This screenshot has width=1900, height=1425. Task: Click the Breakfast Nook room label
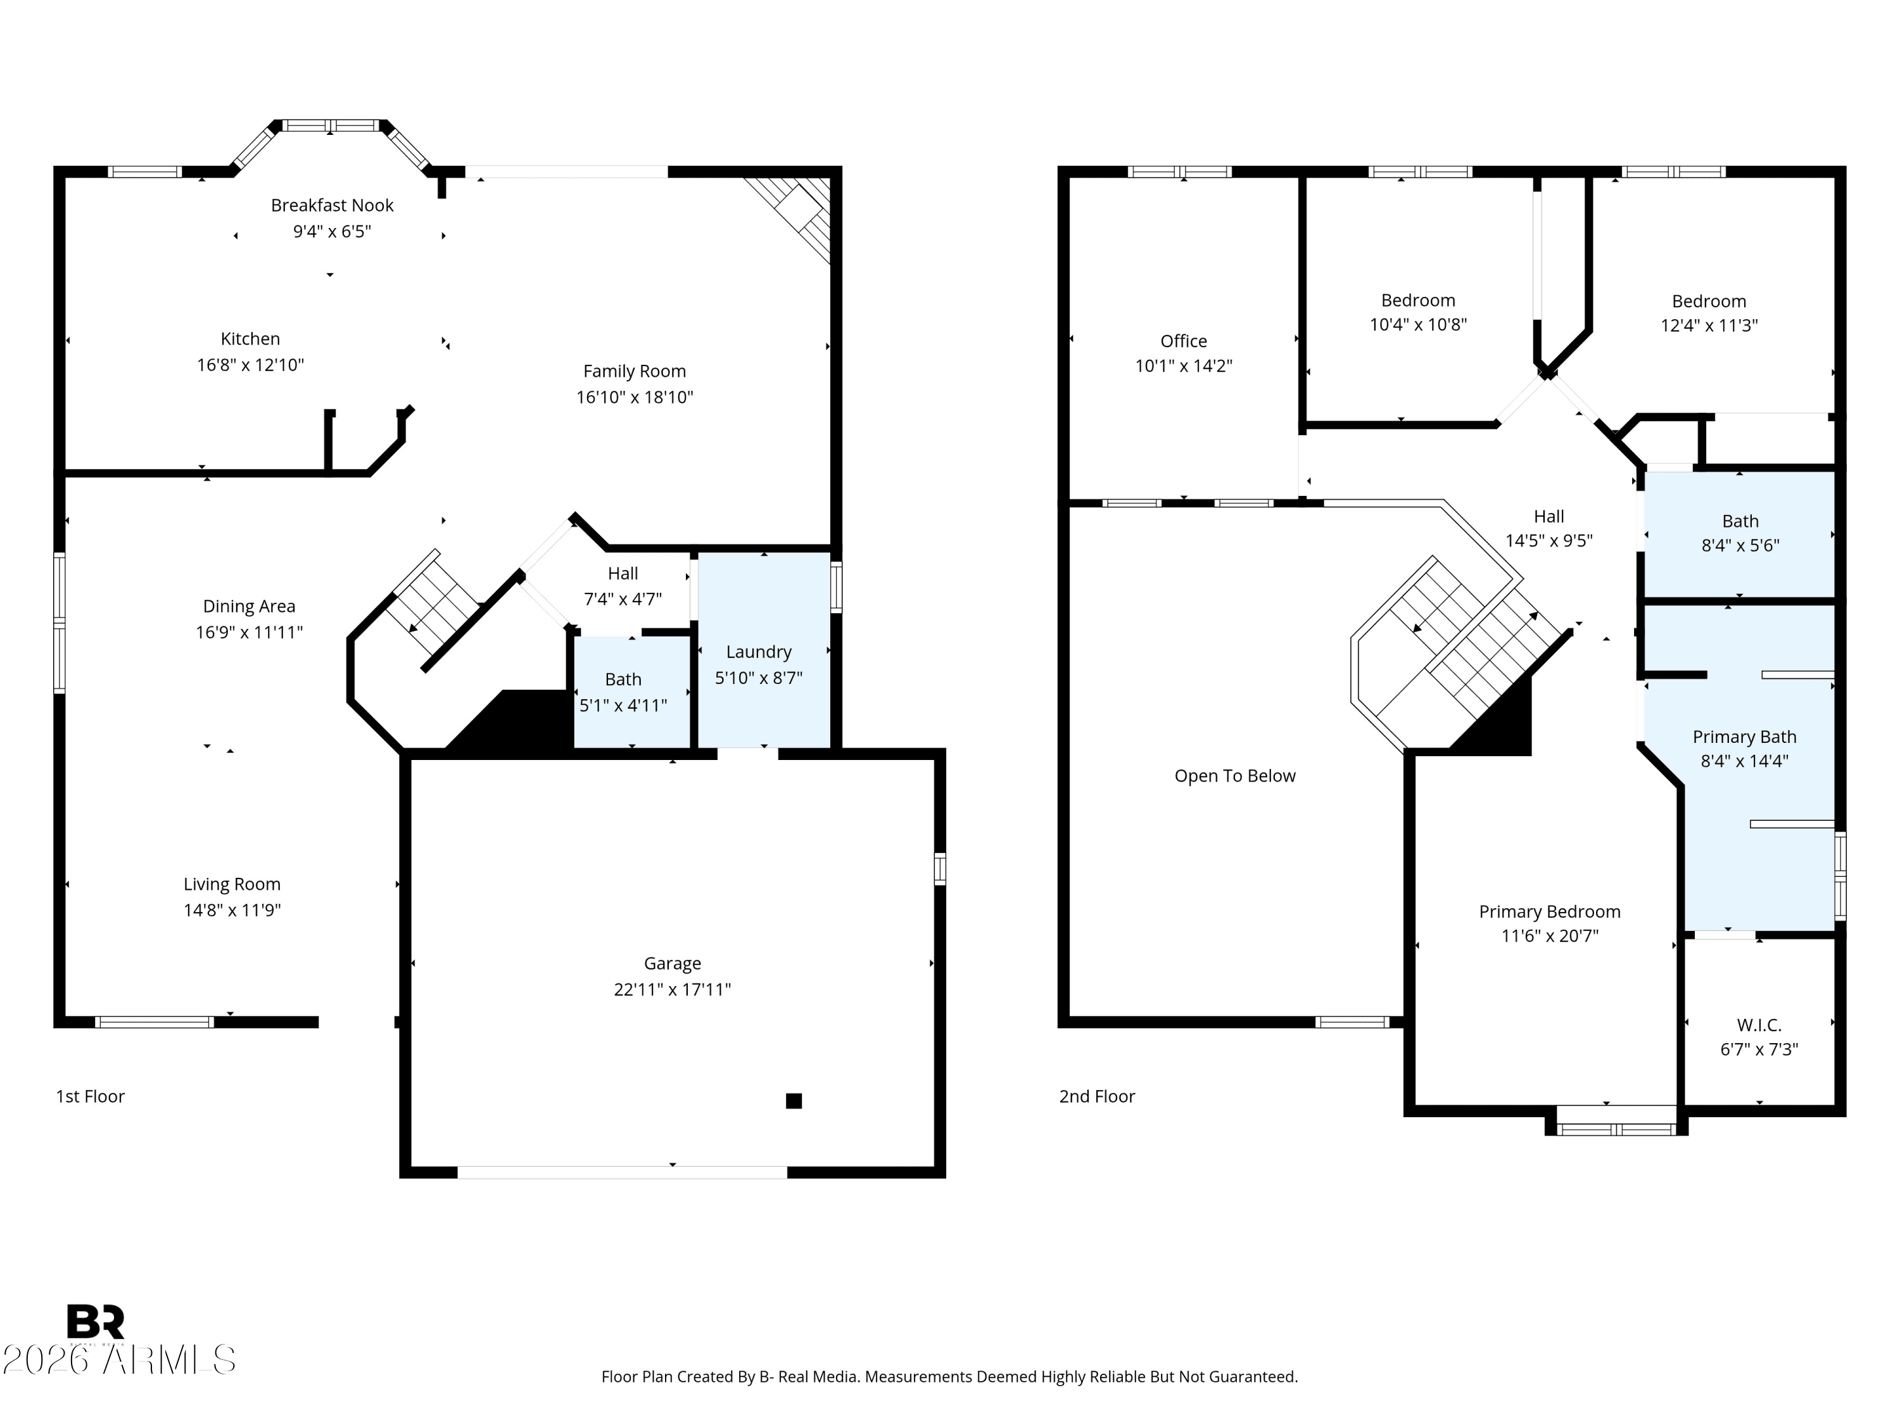332,205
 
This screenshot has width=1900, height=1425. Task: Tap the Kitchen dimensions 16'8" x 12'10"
250,365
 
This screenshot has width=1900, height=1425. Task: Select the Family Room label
634,371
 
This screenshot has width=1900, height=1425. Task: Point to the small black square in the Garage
794,1100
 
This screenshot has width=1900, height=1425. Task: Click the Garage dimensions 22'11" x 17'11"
672,989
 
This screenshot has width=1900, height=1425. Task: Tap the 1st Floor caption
90,1096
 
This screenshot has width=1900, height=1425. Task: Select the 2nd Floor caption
1097,1096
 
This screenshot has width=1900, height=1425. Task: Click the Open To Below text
1234,776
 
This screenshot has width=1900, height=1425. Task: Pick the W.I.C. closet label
1758,1025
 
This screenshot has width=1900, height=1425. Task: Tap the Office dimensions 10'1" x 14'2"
1183,366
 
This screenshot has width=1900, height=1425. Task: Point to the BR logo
96,1321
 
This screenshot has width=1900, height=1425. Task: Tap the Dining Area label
249,607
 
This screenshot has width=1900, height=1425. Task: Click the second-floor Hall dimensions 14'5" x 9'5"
1548,541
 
